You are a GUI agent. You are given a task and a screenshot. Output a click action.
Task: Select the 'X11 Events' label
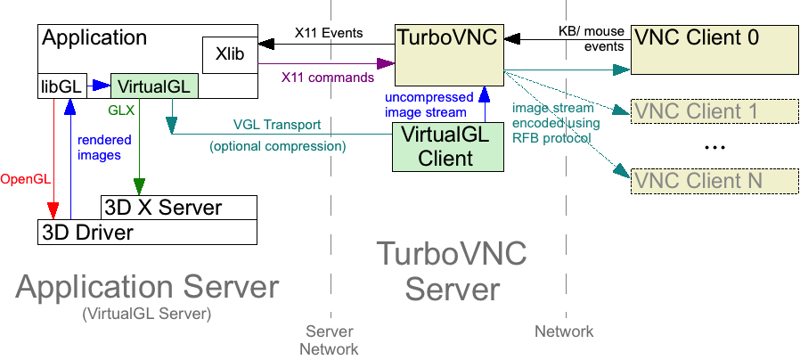329,33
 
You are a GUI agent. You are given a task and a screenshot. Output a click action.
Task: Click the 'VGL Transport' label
276,124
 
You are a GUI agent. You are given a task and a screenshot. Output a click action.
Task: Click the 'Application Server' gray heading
147,287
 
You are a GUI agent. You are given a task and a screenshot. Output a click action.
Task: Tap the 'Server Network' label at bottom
329,340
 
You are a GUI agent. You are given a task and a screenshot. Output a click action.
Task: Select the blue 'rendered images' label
104,147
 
